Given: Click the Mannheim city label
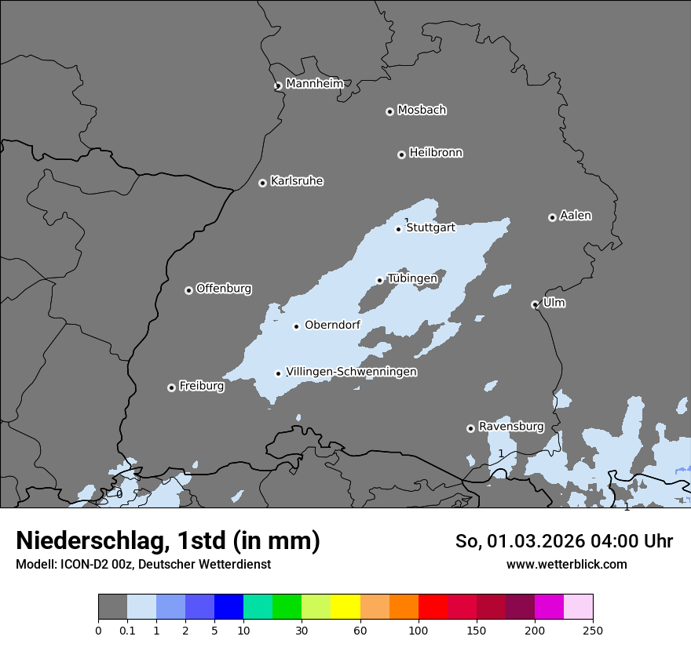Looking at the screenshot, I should coord(314,83).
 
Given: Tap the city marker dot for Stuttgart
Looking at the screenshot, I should coord(399,229).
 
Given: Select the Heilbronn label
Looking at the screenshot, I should coord(436,152).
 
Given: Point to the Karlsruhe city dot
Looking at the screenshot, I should coord(263,183).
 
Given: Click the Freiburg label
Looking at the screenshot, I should coord(201,386).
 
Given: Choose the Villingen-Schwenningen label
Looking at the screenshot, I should coord(351,372).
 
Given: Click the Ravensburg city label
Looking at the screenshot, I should coord(511,427).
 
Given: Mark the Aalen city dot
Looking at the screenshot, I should coord(553,217).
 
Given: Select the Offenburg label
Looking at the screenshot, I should coord(224,289).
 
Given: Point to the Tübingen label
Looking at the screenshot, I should coord(412,278).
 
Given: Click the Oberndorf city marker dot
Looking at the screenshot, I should coord(297,326).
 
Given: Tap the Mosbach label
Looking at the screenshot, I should coord(422,110).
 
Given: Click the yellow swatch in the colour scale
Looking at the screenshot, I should coord(345,607).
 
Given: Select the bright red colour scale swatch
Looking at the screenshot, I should coord(433,607).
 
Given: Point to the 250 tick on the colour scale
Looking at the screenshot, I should coord(593,630).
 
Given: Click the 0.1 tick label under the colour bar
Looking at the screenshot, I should coord(127,630).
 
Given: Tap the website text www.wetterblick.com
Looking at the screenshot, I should coord(566,564).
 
